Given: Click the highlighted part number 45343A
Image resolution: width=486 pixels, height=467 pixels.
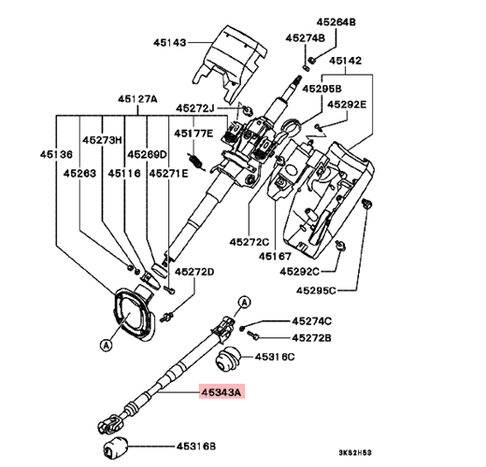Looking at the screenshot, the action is (x=222, y=392).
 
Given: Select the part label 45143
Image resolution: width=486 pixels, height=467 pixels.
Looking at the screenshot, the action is (x=170, y=42).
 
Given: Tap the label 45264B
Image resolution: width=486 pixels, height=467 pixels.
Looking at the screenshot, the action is (x=336, y=22).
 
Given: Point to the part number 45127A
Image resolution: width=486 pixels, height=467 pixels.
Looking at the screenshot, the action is (x=137, y=99).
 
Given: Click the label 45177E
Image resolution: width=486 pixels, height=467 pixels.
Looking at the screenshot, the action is (x=193, y=134).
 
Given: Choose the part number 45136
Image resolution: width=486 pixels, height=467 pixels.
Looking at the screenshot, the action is (x=56, y=154).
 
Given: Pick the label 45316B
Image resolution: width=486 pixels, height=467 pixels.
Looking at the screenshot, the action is (x=196, y=446).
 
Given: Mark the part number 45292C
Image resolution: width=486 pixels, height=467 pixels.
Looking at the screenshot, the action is (x=299, y=272).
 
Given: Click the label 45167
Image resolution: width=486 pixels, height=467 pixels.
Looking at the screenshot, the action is (x=275, y=256).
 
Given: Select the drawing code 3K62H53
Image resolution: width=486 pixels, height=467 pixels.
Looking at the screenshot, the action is (x=355, y=452).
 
